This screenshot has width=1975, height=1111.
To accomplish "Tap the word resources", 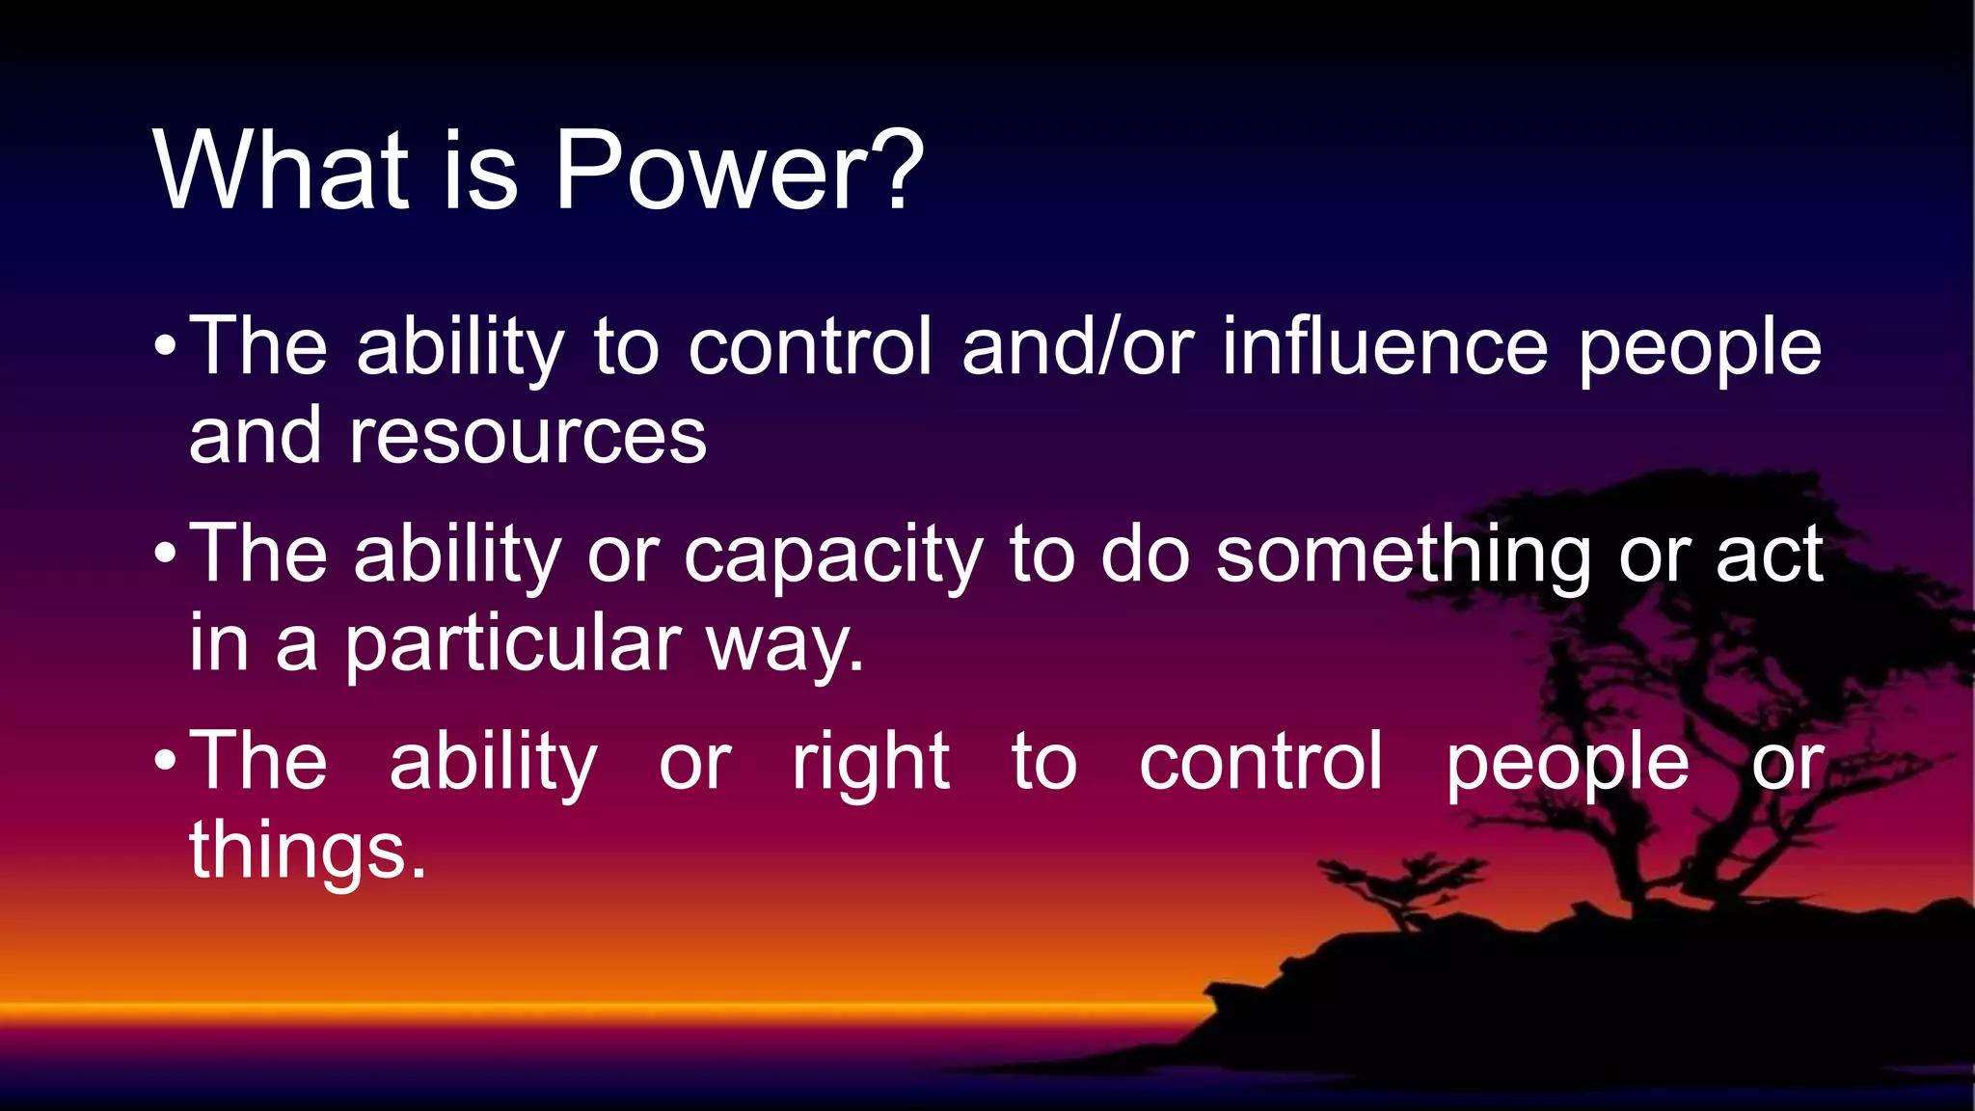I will (528, 436).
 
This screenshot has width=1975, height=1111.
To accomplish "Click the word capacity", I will (833, 556).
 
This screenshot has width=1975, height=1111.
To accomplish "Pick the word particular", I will (513, 644).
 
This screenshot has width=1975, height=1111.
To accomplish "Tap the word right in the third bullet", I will (871, 763).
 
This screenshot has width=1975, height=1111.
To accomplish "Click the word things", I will (307, 851).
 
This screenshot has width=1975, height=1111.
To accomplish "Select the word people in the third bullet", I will (1567, 765).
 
